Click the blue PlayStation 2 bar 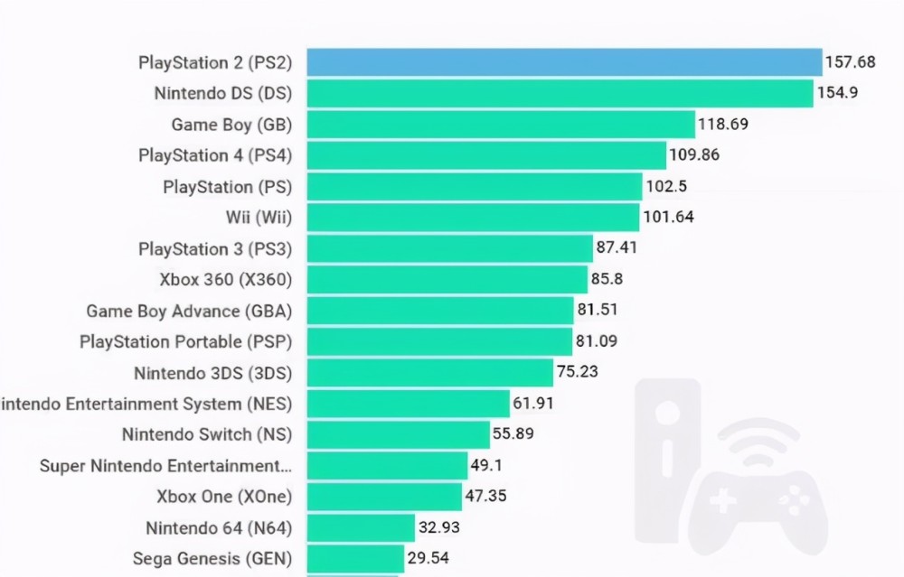(x=564, y=62)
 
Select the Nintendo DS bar (x=560, y=93)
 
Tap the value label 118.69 (x=722, y=124)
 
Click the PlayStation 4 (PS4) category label (x=215, y=155)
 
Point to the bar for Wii (x=473, y=217)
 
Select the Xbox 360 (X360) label (x=224, y=279)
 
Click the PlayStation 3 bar (x=449, y=248)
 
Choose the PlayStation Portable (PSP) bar (x=439, y=341)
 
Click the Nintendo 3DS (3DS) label (x=212, y=372)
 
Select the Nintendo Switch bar (x=398, y=433)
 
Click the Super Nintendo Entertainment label (x=165, y=465)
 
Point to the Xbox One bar (x=384, y=496)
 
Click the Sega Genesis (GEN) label (x=212, y=558)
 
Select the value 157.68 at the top (x=851, y=62)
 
